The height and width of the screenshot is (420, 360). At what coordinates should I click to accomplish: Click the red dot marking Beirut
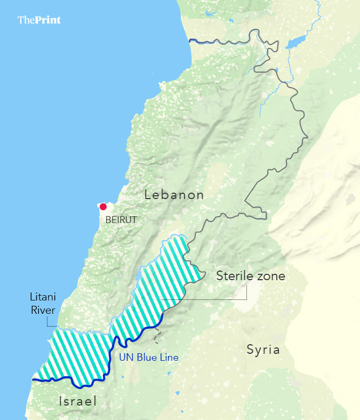click(103, 207)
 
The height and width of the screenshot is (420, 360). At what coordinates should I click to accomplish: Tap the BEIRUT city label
click(121, 219)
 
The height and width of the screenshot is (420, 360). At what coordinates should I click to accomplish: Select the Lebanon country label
click(174, 195)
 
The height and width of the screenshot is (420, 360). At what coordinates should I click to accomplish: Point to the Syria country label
click(263, 350)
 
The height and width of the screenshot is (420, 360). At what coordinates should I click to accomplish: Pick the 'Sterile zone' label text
click(250, 276)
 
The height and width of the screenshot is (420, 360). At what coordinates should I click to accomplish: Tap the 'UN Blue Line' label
click(148, 358)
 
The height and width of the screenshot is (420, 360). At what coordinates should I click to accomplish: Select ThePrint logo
click(39, 20)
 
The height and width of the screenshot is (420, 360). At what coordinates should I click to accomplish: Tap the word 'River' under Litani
click(43, 311)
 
